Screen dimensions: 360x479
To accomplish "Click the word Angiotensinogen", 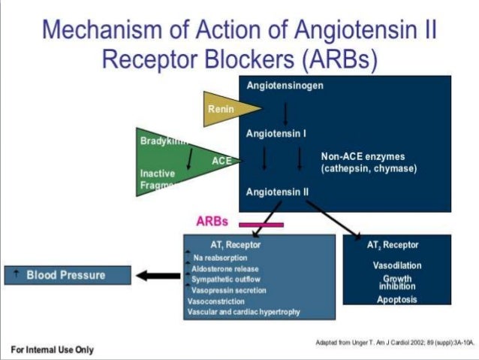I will coord(285,85).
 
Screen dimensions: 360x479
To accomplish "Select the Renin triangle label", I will coord(221,109).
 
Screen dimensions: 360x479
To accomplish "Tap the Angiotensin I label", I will coord(276,135).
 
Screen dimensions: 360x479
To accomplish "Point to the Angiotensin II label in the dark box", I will coord(277,192).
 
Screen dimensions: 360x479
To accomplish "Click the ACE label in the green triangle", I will coord(221,160).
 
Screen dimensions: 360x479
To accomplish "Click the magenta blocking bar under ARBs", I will coord(261,224).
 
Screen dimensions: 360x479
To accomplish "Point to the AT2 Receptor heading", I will coord(393,245).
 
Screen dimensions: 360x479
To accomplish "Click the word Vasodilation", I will coord(397,265).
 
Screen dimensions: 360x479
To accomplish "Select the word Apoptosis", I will coord(397,300).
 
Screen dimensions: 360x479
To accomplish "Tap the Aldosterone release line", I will coord(225,268).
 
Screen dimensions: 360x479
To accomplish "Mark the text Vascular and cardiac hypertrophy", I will coord(243,311).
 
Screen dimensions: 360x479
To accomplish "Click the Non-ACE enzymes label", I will coord(368,162).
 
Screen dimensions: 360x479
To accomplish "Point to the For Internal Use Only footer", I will coord(52,349).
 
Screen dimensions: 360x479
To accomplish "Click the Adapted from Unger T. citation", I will coord(395,342).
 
